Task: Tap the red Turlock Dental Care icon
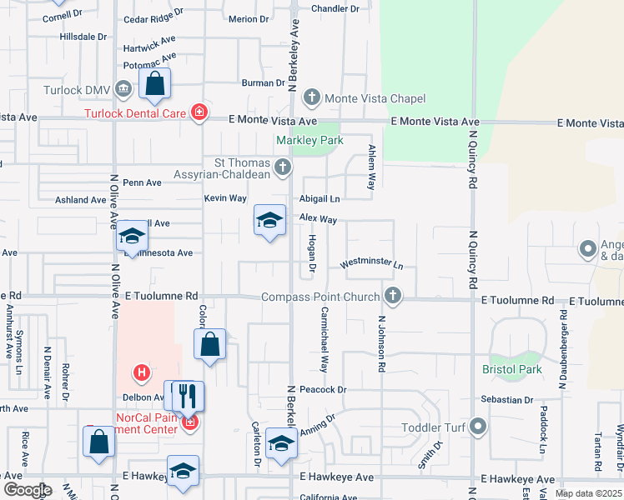[x=199, y=112]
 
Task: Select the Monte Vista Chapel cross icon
[x=312, y=97]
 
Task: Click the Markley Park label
[x=310, y=141]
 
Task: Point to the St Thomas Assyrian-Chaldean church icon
[x=283, y=168]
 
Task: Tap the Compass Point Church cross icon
[x=392, y=296]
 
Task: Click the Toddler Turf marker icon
[x=477, y=427]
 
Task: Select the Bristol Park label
[x=512, y=369]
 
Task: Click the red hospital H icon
[x=143, y=372]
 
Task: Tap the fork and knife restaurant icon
[x=188, y=396]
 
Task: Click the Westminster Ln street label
[x=371, y=263]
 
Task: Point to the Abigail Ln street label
[x=320, y=199]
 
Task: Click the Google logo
[x=27, y=490]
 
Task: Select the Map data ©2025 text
[x=587, y=493]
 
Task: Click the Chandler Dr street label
[x=334, y=8]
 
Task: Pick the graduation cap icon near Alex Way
[x=269, y=220]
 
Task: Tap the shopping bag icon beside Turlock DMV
[x=154, y=83]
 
